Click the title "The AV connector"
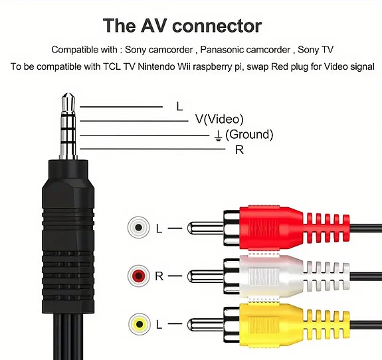point(182,26)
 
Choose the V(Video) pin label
point(219,120)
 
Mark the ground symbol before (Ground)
point(217,135)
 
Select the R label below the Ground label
point(239,150)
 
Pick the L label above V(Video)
point(179,106)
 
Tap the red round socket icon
point(138,274)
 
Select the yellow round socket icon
point(138,323)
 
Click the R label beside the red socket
point(159,274)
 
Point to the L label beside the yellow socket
point(159,323)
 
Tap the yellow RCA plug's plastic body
point(266,324)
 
